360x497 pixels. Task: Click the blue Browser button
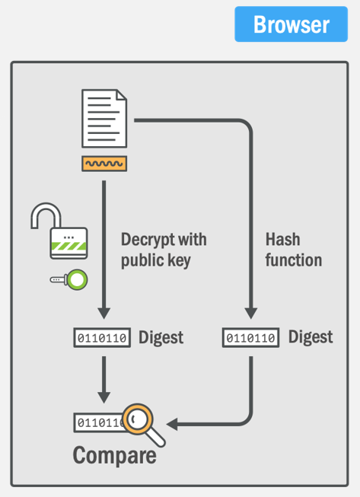click(x=291, y=24)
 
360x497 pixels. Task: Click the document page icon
click(x=104, y=119)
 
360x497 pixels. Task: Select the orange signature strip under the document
click(x=104, y=164)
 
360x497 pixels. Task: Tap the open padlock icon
click(x=59, y=231)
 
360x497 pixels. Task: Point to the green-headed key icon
click(x=68, y=279)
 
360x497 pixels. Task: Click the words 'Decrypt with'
click(x=164, y=239)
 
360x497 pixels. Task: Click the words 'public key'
click(x=156, y=260)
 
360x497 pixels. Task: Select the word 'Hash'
click(x=282, y=239)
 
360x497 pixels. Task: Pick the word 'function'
click(x=294, y=260)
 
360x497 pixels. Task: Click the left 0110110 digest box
click(x=102, y=338)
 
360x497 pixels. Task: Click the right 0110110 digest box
click(x=250, y=338)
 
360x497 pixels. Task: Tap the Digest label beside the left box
click(x=161, y=337)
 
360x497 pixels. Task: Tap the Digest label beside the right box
click(x=311, y=336)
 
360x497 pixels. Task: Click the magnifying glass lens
click(x=138, y=419)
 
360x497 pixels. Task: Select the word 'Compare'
click(x=115, y=455)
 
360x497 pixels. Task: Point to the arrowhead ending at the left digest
click(x=104, y=313)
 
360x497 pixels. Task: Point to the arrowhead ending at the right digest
click(x=250, y=313)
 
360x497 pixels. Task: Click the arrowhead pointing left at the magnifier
click(x=172, y=425)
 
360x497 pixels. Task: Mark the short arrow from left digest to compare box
click(x=104, y=380)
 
